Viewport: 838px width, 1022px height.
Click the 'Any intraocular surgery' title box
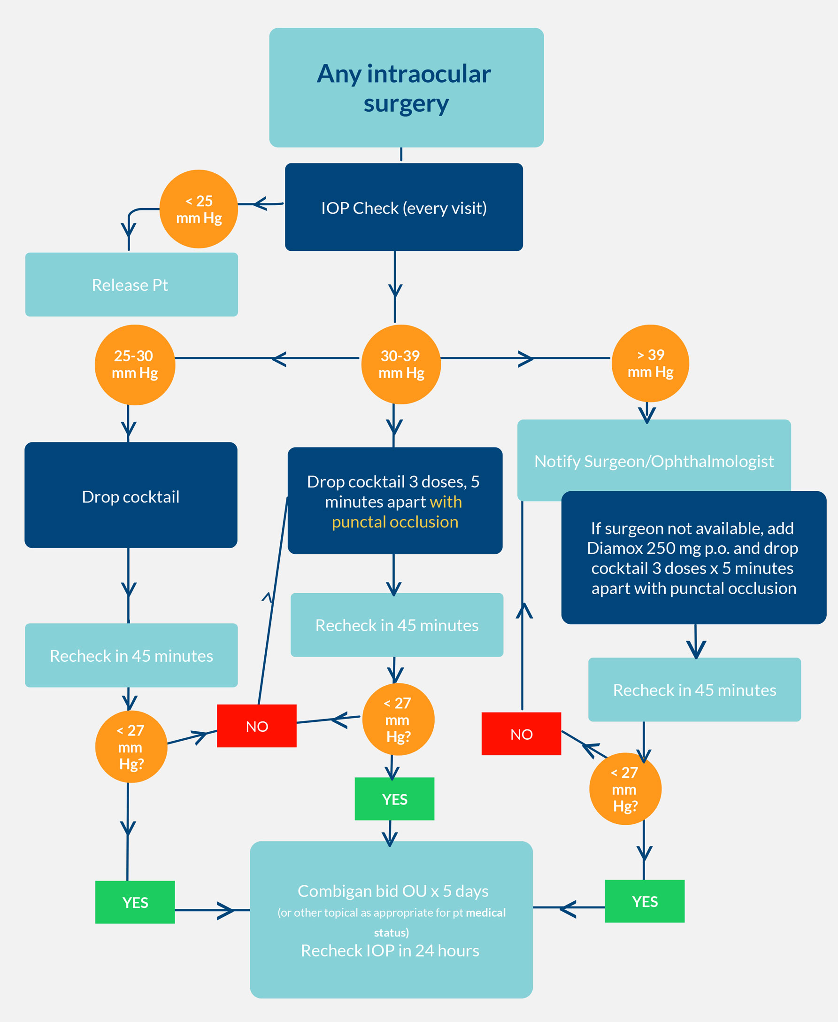[406, 87]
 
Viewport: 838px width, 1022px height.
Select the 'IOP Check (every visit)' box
[404, 207]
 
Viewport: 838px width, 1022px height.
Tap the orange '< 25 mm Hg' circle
[199, 209]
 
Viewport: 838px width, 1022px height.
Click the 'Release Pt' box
[131, 285]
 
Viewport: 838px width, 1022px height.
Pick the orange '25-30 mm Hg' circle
[135, 364]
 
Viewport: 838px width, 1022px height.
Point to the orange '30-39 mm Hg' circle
[400, 364]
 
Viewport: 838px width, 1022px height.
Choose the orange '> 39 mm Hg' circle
[650, 363]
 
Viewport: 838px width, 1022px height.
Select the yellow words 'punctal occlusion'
[395, 522]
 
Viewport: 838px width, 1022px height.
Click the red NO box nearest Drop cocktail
[256, 726]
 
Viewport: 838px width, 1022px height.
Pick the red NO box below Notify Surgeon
[521, 734]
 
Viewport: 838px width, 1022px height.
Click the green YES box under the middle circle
[394, 799]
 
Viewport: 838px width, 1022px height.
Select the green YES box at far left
[135, 902]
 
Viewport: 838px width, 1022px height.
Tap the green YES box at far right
[645, 901]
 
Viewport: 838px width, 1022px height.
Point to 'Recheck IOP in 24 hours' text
[390, 951]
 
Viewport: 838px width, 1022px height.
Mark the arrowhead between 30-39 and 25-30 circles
[279, 359]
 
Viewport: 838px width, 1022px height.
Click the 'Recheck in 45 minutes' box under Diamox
[694, 689]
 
